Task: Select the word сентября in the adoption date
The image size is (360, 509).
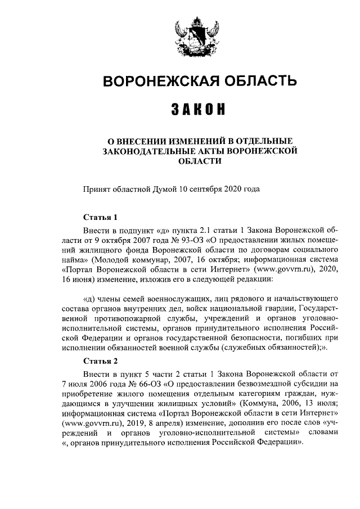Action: [x=209, y=189]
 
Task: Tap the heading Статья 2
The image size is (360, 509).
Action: [x=100, y=361]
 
